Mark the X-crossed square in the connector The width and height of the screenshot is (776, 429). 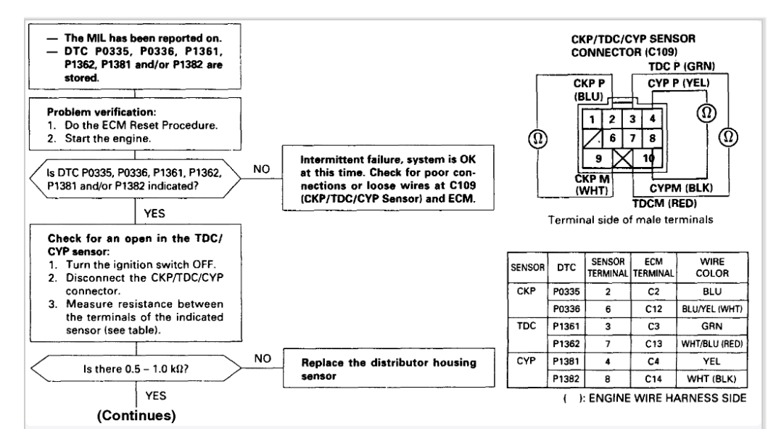click(x=623, y=158)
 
